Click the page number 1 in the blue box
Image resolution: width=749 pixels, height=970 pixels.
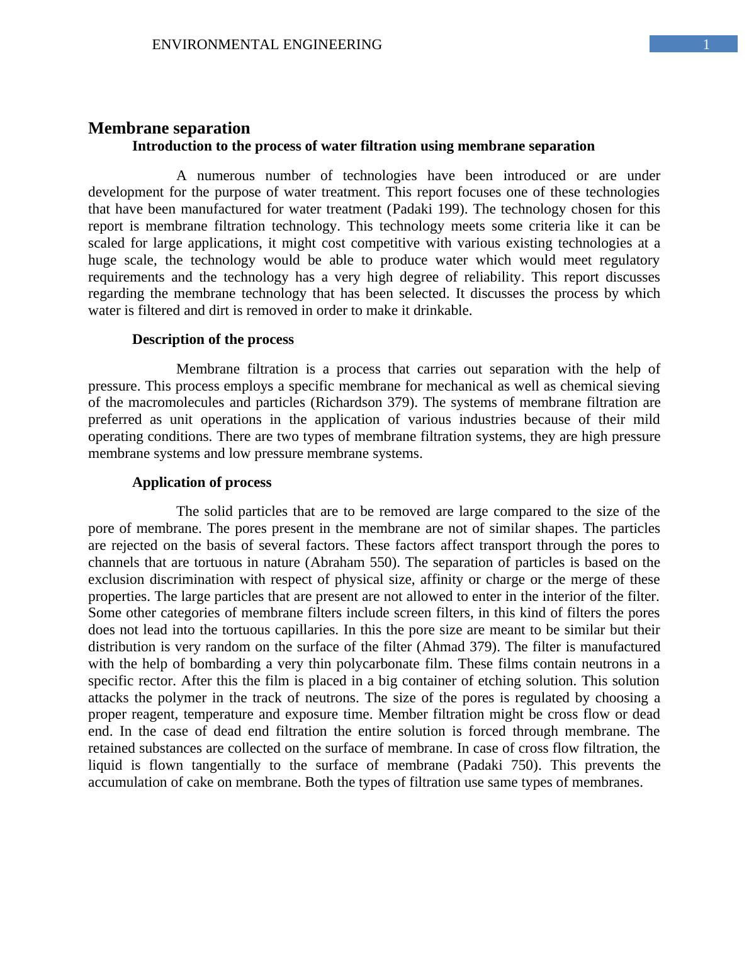(x=706, y=44)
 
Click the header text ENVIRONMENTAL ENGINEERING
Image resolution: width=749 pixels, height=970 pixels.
(x=267, y=45)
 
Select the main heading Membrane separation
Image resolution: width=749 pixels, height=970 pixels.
(x=169, y=128)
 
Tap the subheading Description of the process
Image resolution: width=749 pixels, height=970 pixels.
(x=213, y=339)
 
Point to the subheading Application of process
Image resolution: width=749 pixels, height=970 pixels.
(x=201, y=482)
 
